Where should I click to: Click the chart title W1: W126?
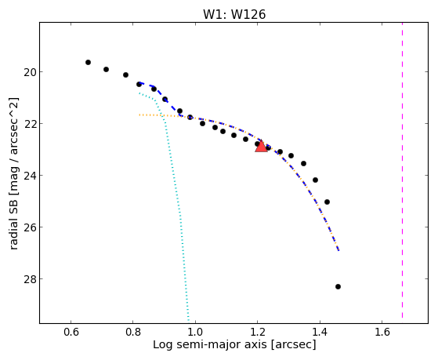click(x=234, y=14)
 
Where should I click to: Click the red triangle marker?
click(x=261, y=147)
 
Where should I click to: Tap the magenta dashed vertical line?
click(x=402, y=170)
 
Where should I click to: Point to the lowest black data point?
click(x=338, y=287)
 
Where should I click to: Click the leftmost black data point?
click(x=88, y=63)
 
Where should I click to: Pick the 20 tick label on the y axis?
click(x=29, y=72)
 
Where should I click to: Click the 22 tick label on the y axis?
click(x=29, y=124)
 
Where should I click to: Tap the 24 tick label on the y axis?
click(x=29, y=176)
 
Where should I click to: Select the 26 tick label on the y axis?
click(x=29, y=227)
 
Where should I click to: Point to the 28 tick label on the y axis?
click(x=29, y=279)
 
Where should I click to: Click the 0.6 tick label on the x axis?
click(x=71, y=332)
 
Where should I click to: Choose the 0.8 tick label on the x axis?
click(x=133, y=332)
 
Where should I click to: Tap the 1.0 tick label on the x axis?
click(x=195, y=332)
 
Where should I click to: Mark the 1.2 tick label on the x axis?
click(x=258, y=332)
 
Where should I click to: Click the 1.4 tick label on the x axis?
click(x=320, y=332)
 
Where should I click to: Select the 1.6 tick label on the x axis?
click(x=382, y=332)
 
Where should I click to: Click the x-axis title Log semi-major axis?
click(x=210, y=345)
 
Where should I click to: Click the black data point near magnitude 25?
click(x=327, y=202)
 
